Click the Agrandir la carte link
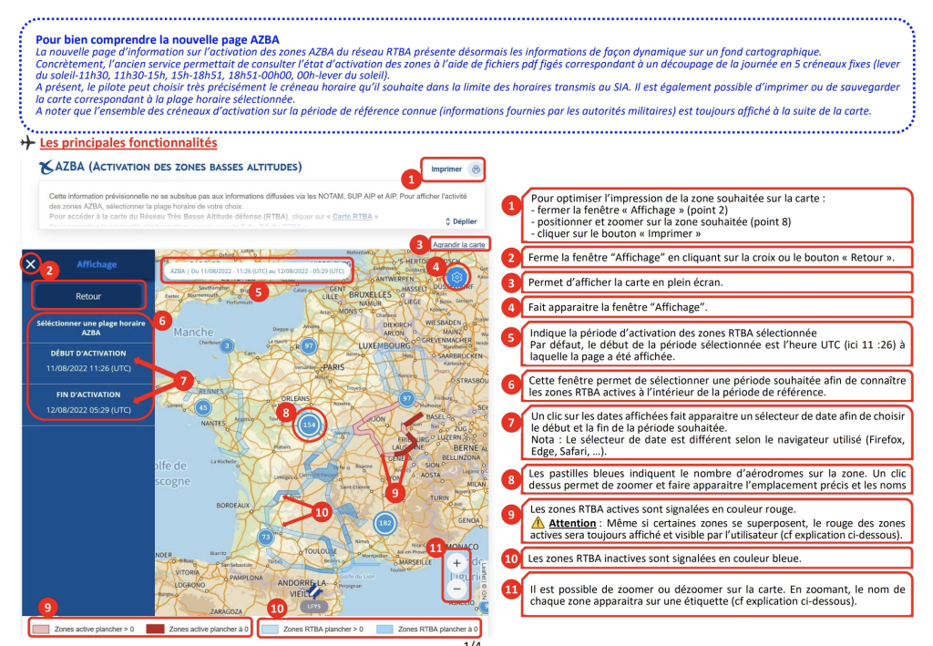tap(458, 244)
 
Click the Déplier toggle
tap(461, 221)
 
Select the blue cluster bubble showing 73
tap(265, 537)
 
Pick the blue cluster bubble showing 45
tap(204, 407)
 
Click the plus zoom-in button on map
tap(456, 563)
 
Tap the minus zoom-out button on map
tap(456, 589)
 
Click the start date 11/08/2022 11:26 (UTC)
tap(89, 368)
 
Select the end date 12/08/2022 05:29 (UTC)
tap(89, 410)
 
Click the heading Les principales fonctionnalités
tap(128, 143)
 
